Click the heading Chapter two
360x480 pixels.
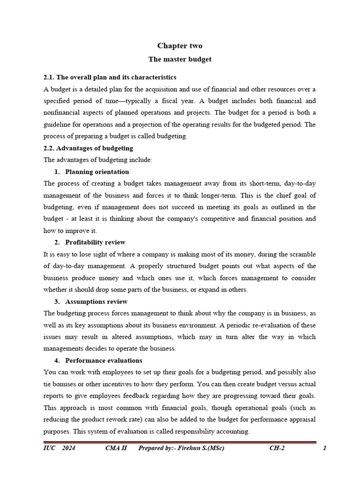click(x=180, y=45)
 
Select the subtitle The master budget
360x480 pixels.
click(x=180, y=60)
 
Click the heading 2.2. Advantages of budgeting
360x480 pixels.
click(x=88, y=148)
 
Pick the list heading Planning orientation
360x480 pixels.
click(x=97, y=172)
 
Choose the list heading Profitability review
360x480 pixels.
click(x=95, y=242)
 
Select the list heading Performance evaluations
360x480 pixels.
click(x=104, y=360)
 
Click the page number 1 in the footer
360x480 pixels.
click(x=324, y=448)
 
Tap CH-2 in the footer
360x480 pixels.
click(x=277, y=448)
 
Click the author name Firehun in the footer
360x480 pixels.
click(x=186, y=448)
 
